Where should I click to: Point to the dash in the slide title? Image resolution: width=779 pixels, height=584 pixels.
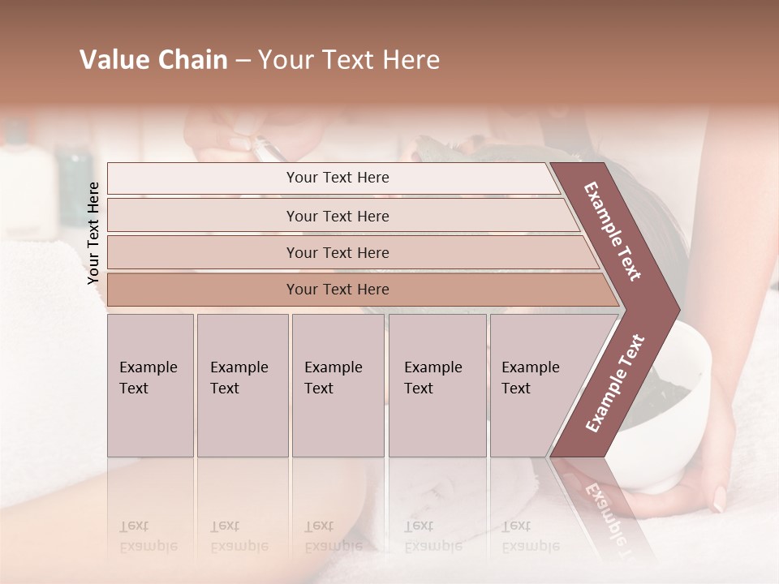click(x=243, y=61)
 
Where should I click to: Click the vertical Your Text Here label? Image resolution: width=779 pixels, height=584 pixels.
click(x=93, y=233)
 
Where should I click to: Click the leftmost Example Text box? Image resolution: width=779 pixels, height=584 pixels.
click(x=150, y=385)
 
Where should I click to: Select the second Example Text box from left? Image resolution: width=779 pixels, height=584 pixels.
click(x=243, y=385)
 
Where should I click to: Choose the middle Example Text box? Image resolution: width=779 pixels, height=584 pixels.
click(x=338, y=385)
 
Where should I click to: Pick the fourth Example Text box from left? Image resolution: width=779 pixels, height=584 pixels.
click(x=437, y=385)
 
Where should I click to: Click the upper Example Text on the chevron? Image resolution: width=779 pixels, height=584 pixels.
click(x=613, y=232)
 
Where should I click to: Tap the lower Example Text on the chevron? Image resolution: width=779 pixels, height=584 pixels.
click(x=615, y=384)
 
